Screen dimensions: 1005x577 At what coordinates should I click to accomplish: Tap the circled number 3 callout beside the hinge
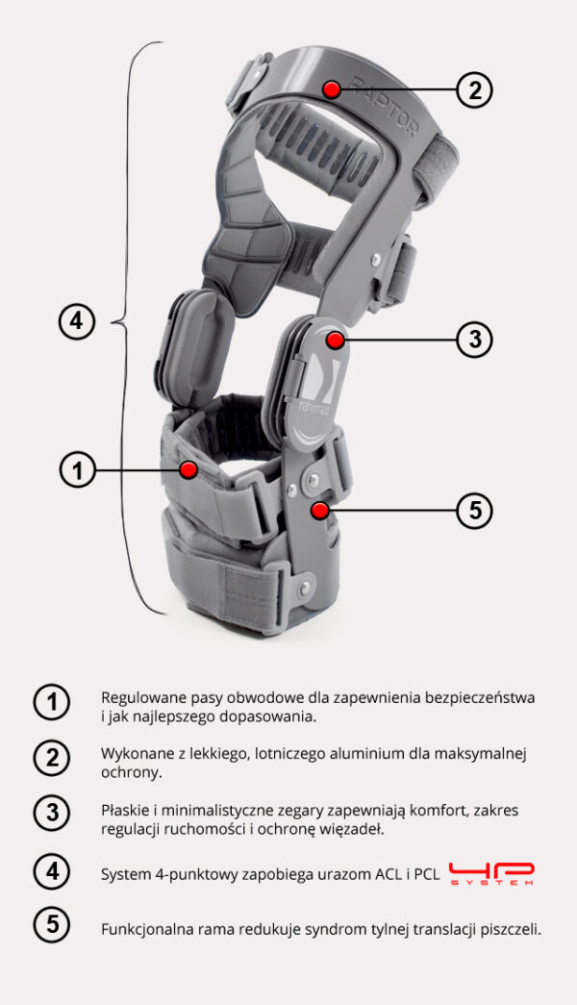[474, 339]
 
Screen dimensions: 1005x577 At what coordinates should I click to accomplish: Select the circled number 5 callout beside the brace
[474, 510]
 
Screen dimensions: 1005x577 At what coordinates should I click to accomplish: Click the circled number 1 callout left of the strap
[78, 469]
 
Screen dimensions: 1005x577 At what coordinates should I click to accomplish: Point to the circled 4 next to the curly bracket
[77, 321]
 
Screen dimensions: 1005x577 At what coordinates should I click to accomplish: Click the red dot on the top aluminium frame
[332, 89]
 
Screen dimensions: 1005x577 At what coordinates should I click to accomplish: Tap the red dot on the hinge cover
[334, 339]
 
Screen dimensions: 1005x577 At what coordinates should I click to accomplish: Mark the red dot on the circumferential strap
[188, 469]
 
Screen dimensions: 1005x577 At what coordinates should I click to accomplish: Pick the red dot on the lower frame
[319, 510]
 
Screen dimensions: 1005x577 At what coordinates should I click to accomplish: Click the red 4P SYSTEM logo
[491, 873]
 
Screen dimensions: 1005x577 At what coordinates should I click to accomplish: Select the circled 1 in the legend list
[51, 703]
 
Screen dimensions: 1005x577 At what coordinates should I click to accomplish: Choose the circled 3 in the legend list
[51, 814]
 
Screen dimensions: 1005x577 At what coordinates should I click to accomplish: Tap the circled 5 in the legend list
[51, 926]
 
